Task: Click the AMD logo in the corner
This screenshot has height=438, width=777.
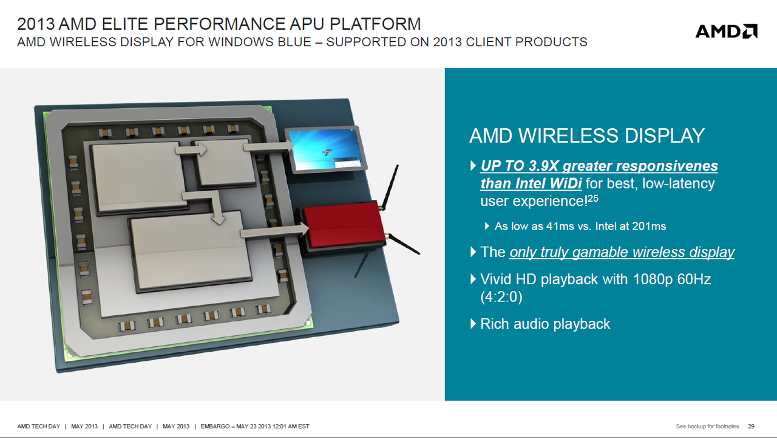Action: pos(727,31)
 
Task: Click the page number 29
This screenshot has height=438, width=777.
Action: pos(751,426)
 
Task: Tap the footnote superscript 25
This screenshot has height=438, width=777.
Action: pos(593,198)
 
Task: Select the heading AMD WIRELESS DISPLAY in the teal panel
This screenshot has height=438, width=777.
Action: pos(587,135)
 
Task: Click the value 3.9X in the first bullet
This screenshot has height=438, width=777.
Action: pos(543,166)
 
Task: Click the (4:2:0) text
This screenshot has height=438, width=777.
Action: pos(501,297)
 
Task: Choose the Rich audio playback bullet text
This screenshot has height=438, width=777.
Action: pos(545,324)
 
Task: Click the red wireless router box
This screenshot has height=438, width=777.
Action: pos(344,225)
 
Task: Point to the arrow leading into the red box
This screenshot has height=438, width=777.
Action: pos(275,231)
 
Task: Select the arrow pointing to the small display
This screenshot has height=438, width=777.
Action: pos(268,147)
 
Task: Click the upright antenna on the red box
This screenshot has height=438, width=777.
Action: pos(390,188)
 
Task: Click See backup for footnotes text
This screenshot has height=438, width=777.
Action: pos(707,426)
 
